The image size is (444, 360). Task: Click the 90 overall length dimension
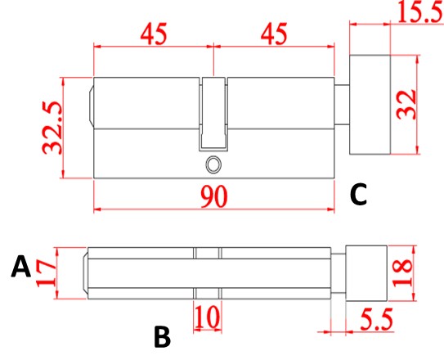[x=213, y=196]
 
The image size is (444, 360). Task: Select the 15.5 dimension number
[x=417, y=12]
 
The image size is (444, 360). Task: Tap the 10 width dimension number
[x=207, y=317]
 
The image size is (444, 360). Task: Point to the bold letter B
[x=162, y=335]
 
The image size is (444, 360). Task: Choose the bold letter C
[x=358, y=195]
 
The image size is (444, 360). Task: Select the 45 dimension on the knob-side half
[x=274, y=36]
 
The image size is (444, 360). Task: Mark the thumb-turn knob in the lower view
[x=366, y=272]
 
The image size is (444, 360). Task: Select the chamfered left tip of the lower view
[x=85, y=272]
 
